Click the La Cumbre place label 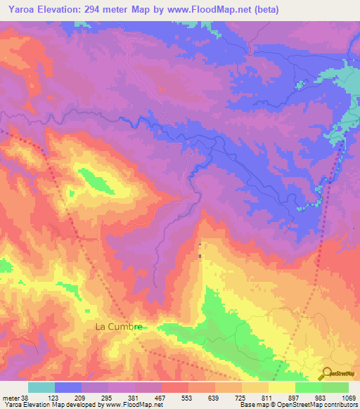[x=119, y=327]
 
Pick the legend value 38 [x=25, y=397]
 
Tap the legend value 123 [x=55, y=397]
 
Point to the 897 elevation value [x=295, y=397]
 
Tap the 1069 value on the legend [x=344, y=397]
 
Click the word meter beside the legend [x=9, y=397]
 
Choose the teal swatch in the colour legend [x=41, y=387]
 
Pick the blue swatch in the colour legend [x=68, y=387]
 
